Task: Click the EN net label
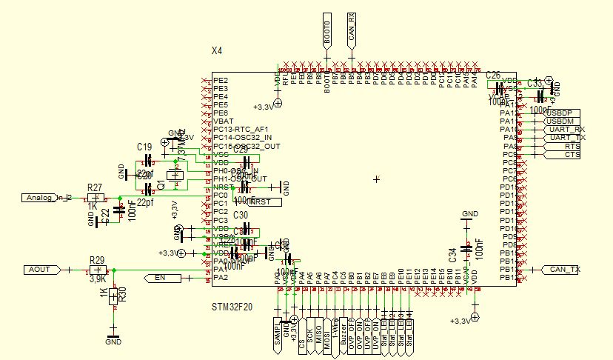(x=156, y=278)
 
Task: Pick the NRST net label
(x=264, y=202)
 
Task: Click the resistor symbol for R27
(x=93, y=198)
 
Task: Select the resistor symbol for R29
(x=96, y=270)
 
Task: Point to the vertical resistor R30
(x=113, y=296)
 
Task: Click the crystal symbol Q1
(x=175, y=176)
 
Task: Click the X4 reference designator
(x=217, y=51)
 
